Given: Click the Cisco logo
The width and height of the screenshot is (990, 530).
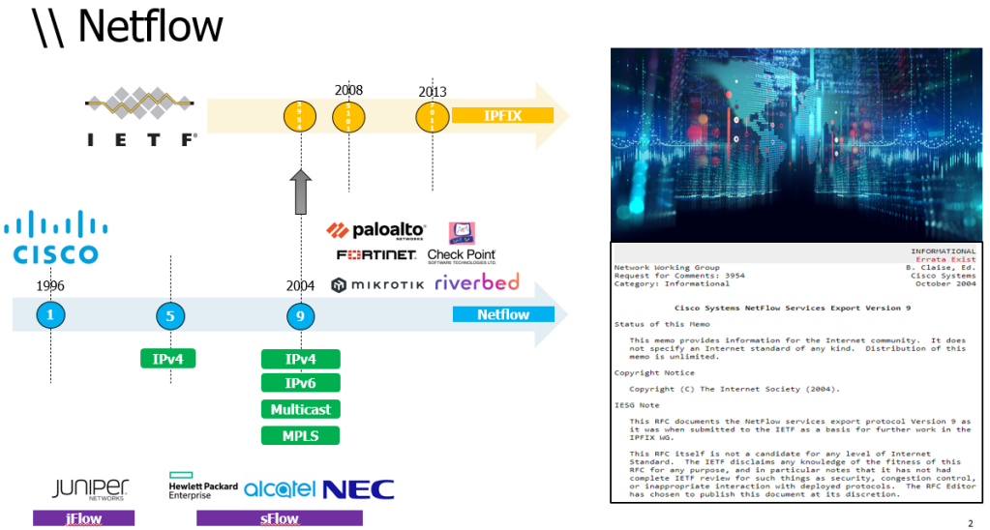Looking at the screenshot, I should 56,238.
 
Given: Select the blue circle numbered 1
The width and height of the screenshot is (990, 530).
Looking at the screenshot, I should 50,314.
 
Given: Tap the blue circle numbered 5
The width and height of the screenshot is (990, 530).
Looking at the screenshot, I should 170,314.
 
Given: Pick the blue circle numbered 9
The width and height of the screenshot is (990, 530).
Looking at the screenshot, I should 301,314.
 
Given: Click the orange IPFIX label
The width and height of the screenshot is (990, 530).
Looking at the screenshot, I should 502,116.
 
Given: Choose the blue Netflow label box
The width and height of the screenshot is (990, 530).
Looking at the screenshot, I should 503,314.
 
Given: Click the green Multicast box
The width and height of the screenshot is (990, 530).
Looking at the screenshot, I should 301,410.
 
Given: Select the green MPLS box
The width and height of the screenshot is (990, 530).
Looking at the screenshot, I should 301,435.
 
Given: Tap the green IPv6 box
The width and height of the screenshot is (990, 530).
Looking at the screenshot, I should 301,384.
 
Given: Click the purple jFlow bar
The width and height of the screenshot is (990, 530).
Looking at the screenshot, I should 84,518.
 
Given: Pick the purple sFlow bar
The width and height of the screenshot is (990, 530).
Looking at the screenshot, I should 279,518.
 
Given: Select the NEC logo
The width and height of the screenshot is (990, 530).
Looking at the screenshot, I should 358,488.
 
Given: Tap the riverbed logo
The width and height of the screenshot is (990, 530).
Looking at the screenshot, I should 476,283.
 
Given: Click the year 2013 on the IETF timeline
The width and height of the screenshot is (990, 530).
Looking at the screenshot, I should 433,92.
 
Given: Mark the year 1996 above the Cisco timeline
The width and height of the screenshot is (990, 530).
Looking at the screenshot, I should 50,286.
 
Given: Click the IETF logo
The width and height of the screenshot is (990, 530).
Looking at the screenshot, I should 141,118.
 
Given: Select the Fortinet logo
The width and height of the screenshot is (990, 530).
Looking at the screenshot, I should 376,255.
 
